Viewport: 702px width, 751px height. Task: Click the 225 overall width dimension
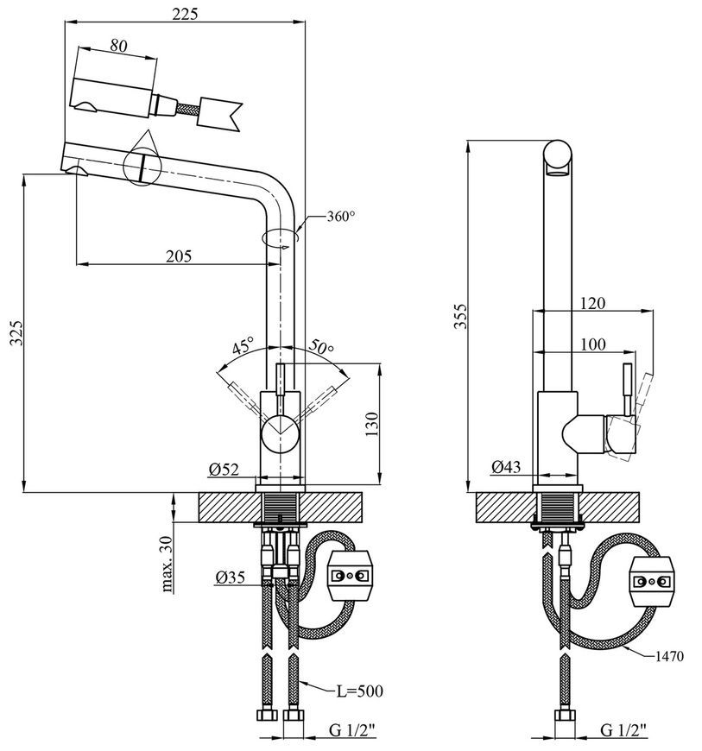(x=185, y=14)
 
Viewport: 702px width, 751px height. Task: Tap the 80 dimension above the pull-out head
(x=118, y=46)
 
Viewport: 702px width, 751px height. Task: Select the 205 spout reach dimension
(x=179, y=256)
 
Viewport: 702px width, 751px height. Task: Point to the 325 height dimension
(x=16, y=332)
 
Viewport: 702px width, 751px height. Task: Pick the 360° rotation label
(x=341, y=217)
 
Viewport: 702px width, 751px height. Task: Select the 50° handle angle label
(x=320, y=346)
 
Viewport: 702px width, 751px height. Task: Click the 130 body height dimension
(x=372, y=424)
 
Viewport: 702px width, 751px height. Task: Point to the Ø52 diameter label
(x=224, y=470)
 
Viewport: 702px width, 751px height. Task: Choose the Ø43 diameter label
(x=506, y=466)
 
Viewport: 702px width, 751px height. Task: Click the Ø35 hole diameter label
(x=230, y=577)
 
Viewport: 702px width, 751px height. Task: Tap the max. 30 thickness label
(x=168, y=564)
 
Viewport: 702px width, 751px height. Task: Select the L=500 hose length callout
(x=359, y=691)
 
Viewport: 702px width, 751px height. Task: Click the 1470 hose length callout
(x=669, y=656)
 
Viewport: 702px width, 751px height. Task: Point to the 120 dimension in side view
(x=592, y=303)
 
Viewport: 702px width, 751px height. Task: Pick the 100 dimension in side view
(x=592, y=344)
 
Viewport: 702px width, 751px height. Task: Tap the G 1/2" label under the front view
(x=352, y=730)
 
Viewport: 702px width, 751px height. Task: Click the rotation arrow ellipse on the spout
(x=281, y=237)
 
